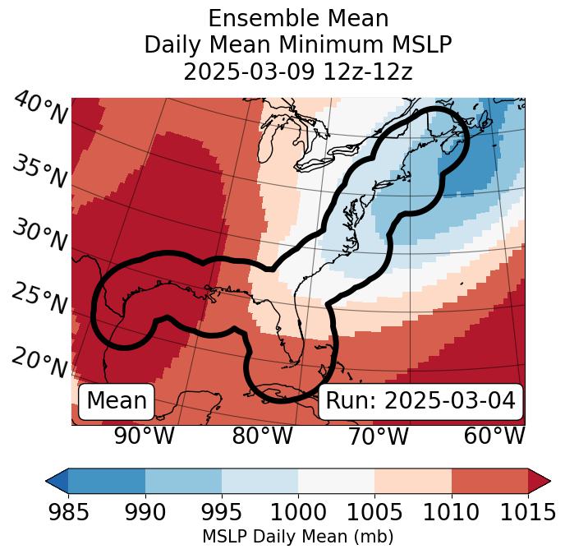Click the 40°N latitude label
[40, 108]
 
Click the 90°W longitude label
[145, 436]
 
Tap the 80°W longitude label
[262, 436]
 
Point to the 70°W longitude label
[378, 436]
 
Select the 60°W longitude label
[494, 436]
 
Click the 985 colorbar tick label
[68, 513]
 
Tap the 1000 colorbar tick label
[298, 513]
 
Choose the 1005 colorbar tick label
[374, 513]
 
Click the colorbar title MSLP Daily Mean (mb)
[297, 537]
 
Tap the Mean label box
[117, 401]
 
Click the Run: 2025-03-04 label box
[420, 401]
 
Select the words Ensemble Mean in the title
[298, 18]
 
